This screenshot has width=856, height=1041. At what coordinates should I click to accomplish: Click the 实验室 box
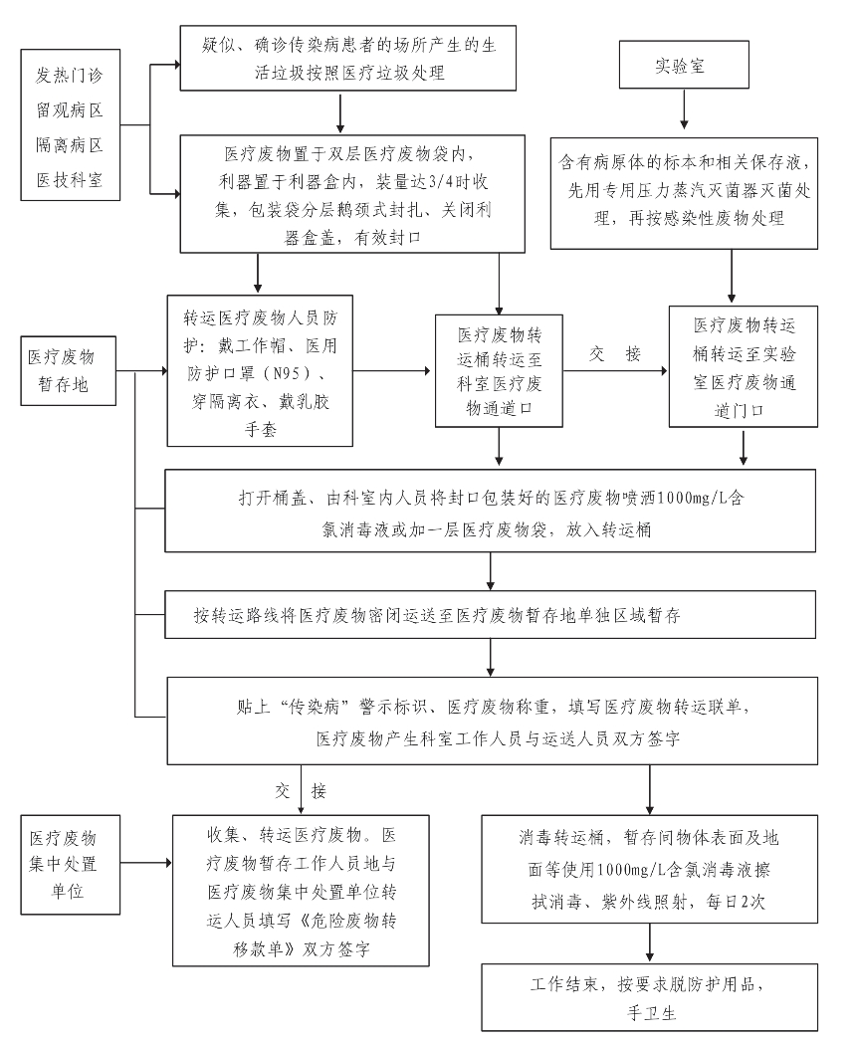click(x=684, y=65)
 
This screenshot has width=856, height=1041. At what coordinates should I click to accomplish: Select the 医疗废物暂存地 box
click(x=68, y=370)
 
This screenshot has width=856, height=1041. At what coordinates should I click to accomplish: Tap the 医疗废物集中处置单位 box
click(x=70, y=865)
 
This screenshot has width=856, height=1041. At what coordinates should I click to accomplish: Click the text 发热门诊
click(x=69, y=76)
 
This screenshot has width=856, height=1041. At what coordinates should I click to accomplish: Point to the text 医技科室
click(x=69, y=179)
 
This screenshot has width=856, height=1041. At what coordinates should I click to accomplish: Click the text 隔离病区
click(x=69, y=144)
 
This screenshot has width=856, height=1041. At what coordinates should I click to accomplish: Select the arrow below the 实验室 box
click(x=684, y=108)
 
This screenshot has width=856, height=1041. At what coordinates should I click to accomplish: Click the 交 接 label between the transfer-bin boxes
click(x=615, y=354)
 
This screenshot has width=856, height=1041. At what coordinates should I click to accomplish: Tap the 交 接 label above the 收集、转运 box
click(x=301, y=790)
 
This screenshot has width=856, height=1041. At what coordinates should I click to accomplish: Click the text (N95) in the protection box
click(x=287, y=373)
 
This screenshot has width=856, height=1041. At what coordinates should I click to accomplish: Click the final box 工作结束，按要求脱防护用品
click(x=650, y=997)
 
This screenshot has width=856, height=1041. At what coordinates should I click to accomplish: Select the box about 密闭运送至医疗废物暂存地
click(x=490, y=615)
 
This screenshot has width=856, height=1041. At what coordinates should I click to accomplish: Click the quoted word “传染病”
click(x=316, y=707)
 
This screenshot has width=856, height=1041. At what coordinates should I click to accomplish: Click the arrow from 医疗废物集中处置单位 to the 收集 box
click(x=146, y=863)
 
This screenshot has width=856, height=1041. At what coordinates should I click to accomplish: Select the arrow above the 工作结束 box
click(x=650, y=942)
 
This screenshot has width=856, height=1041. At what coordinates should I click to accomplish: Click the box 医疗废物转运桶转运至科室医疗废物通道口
click(x=499, y=370)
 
